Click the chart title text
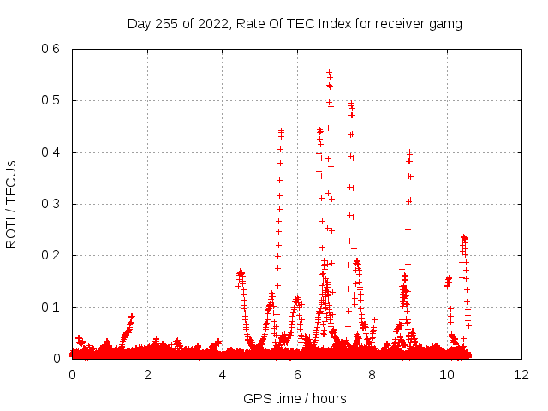pos(295,24)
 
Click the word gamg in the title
pos(445,24)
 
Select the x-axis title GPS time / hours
pos(295,398)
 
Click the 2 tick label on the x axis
pos(147,375)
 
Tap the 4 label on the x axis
pos(223,375)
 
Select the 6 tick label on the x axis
pos(297,375)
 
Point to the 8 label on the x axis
pos(372,375)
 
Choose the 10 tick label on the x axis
pos(447,375)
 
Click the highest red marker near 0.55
pos(329,73)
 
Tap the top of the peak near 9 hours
pos(410,152)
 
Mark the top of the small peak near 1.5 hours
pos(131,316)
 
